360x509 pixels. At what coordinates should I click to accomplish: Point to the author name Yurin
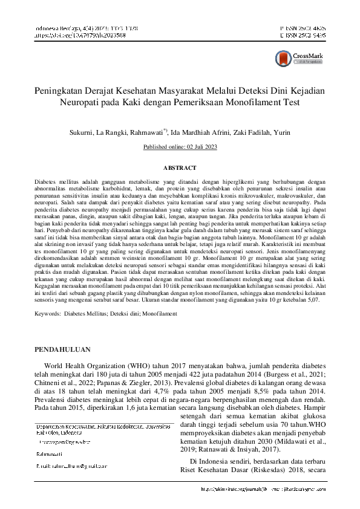(x=281, y=131)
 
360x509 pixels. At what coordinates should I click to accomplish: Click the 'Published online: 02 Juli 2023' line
(x=180, y=147)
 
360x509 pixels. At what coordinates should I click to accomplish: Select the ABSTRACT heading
(x=180, y=167)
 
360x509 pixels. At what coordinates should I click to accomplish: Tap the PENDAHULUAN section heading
(x=63, y=349)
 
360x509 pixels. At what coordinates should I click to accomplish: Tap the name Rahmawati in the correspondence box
(x=51, y=453)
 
